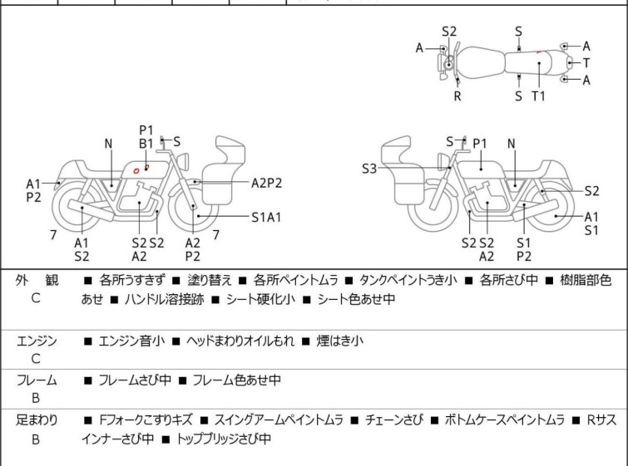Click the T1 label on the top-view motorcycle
coord(538,96)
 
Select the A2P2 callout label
coord(267,182)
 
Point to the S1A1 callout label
coord(267,217)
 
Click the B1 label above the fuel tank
coord(146,144)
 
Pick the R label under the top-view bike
coord(457,96)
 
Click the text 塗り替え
coord(206,281)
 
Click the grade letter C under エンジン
coord(36,360)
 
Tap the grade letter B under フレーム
coord(36,399)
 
